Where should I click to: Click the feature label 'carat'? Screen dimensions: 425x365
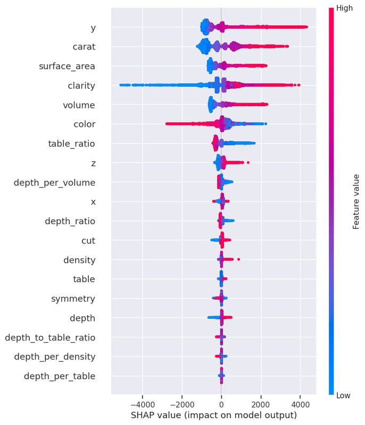point(84,47)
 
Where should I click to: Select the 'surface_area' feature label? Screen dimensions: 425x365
point(67,66)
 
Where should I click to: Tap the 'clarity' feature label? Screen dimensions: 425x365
point(81,86)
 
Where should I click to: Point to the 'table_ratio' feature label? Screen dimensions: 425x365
point(71,143)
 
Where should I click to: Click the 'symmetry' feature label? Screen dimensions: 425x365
point(73,299)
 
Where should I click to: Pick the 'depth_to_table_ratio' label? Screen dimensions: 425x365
point(50,337)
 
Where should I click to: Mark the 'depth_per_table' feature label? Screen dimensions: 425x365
point(60,376)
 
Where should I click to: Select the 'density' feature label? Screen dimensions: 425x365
point(79,260)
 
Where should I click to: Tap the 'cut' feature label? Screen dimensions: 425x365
point(88,241)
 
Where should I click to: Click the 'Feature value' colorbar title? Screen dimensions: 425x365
point(356,202)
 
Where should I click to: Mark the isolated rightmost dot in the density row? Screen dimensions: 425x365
point(238,259)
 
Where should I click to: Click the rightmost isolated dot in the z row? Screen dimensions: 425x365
point(248,163)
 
